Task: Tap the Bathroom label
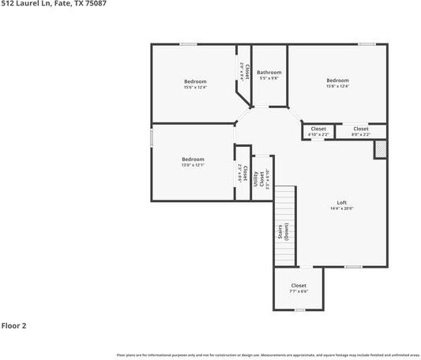tap(269, 73)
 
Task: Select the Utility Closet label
tap(257, 179)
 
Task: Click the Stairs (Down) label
tap(283, 232)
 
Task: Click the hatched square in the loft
tap(380, 148)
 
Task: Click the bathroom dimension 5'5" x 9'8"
tap(269, 78)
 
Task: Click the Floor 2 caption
tap(14, 325)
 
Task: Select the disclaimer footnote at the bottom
tap(268, 354)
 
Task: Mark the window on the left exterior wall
tap(152, 137)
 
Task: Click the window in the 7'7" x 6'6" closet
tap(299, 310)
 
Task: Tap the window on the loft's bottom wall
tap(353, 267)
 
